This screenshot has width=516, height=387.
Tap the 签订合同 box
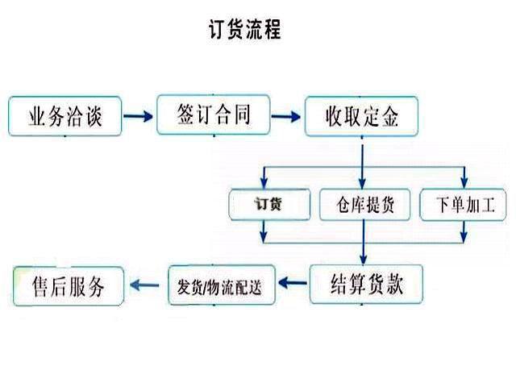point(213,114)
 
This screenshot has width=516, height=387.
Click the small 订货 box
point(270,203)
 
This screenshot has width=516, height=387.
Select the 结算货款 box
point(367,285)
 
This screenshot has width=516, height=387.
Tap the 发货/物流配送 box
point(220,284)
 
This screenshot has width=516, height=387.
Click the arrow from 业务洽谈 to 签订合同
point(139,117)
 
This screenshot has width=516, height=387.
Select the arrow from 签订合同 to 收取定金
point(286,117)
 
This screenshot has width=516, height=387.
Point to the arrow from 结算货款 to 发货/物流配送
point(295,283)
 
